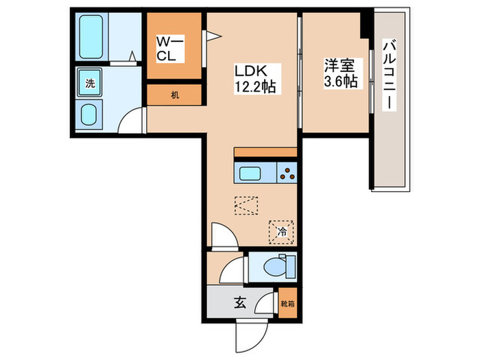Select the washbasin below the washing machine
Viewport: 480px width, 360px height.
click(90, 114)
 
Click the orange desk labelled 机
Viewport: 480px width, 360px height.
click(175, 95)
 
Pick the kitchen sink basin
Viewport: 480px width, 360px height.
click(255, 173)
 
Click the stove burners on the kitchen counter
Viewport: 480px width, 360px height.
click(287, 173)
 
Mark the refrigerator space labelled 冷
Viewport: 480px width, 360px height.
click(281, 231)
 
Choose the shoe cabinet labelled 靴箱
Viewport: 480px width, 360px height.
click(288, 301)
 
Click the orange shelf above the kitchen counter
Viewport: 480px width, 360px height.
click(265, 152)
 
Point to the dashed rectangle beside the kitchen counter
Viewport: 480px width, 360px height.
click(245, 205)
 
